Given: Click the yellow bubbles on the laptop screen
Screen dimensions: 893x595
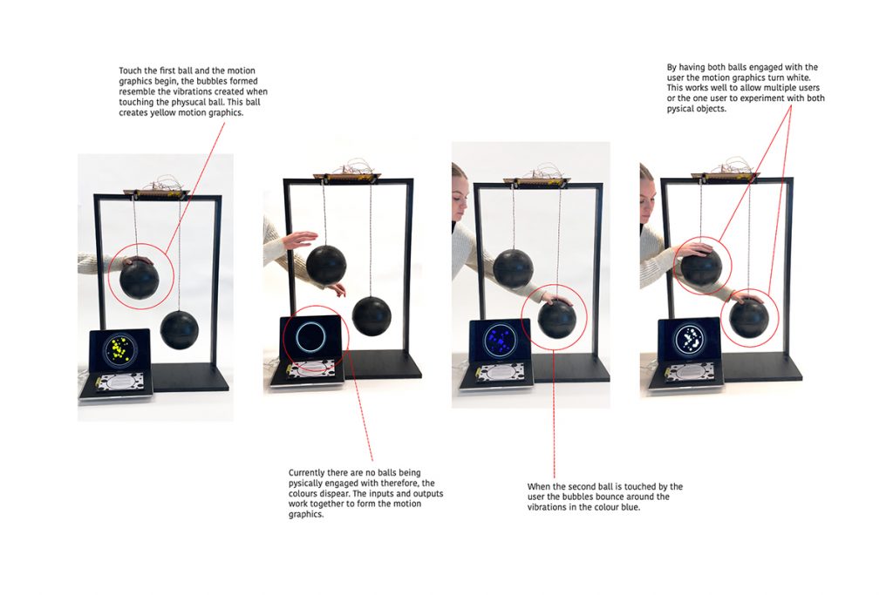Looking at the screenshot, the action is [x=119, y=348].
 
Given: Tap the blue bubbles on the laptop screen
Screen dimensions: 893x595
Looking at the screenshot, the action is [x=500, y=340].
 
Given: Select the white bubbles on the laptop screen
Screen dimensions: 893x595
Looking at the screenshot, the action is [x=690, y=340].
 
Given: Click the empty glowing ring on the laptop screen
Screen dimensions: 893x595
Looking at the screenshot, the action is [x=311, y=337].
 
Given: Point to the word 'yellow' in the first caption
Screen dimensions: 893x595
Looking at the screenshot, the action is [x=163, y=112].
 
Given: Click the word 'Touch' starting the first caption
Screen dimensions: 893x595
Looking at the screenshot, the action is [x=130, y=71].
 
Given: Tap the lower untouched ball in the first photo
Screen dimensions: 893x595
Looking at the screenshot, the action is [x=179, y=330].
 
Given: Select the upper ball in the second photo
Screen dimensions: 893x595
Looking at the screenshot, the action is [x=326, y=265].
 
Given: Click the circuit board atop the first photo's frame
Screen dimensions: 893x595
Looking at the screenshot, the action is [x=156, y=193].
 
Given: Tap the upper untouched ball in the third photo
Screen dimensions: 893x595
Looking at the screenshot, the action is [x=513, y=268].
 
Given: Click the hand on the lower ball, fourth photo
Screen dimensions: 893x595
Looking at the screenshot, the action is [x=747, y=296].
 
